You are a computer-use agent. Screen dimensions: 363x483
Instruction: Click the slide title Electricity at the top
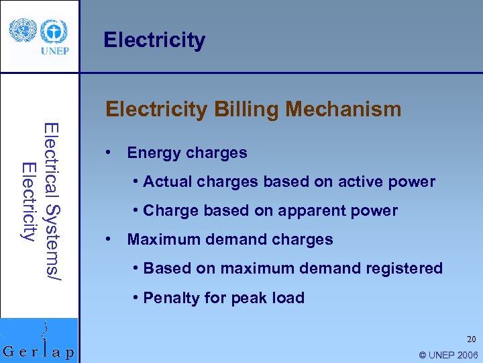tap(154, 40)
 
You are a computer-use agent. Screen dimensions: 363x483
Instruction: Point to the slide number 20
tap(472, 340)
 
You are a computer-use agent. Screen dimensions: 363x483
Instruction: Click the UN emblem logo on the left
tap(22, 30)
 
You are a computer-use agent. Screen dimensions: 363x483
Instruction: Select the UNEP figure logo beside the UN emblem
tap(53, 31)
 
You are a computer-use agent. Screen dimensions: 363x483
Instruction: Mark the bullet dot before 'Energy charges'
tap(107, 153)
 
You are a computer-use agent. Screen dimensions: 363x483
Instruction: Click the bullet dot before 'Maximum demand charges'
tap(107, 239)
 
